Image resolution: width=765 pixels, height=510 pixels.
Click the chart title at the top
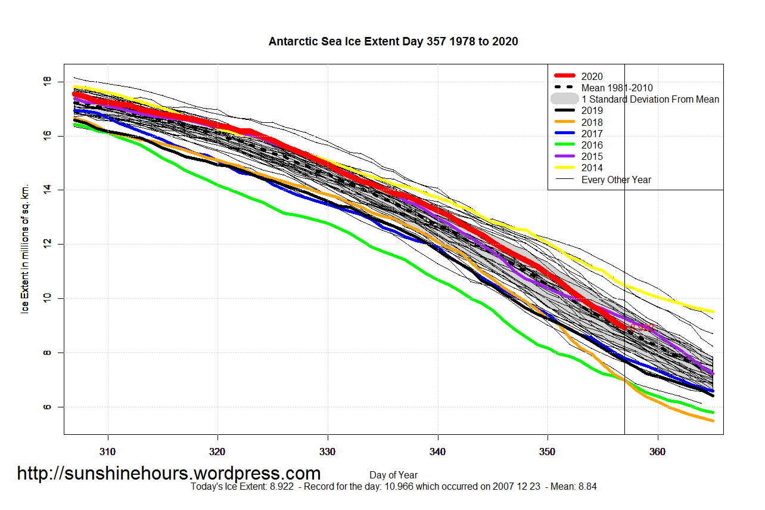[x=393, y=42]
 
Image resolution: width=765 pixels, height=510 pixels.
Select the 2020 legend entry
[x=592, y=76]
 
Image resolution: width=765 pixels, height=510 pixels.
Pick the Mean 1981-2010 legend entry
[x=617, y=88]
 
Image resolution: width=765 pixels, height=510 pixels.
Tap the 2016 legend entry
[x=592, y=145]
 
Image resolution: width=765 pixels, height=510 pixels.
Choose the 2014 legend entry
[x=592, y=168]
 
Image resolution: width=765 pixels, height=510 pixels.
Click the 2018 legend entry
[x=592, y=122]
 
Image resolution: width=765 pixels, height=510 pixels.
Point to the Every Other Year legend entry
[x=616, y=180]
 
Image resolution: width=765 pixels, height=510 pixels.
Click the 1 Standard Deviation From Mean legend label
[x=650, y=99]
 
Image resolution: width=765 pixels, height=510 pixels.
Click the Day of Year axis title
[x=393, y=475]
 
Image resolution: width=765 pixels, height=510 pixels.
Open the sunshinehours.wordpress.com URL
[x=169, y=474]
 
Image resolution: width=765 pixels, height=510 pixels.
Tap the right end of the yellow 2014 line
[x=713, y=311]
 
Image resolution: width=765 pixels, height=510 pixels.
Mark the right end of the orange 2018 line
[x=713, y=421]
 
